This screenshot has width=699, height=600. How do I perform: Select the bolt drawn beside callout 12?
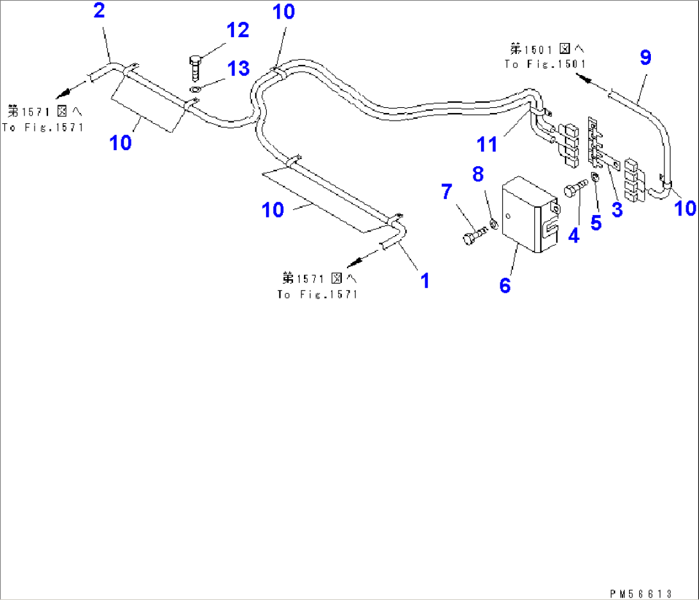(x=195, y=66)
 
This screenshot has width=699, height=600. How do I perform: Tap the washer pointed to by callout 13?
(x=195, y=89)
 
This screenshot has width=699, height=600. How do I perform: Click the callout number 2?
(x=99, y=11)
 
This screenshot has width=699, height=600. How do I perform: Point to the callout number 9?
(x=645, y=58)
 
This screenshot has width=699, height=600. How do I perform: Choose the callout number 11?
(x=488, y=144)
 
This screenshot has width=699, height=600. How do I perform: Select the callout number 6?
(x=505, y=285)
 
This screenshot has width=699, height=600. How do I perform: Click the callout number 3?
(x=617, y=209)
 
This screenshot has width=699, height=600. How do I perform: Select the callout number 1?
(x=424, y=280)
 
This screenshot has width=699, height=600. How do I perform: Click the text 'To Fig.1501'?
(x=544, y=64)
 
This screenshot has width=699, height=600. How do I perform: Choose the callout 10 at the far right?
(x=686, y=208)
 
